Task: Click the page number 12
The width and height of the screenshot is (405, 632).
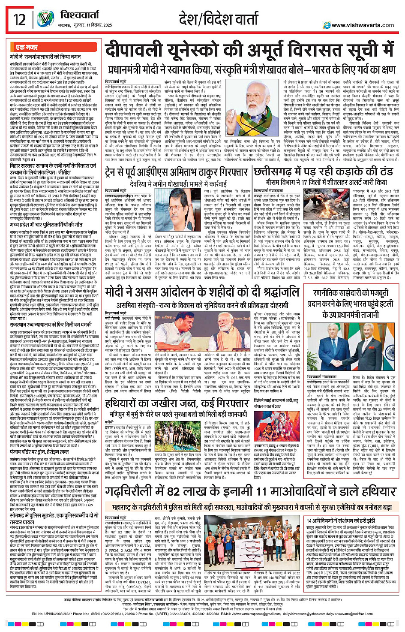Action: (20, 20)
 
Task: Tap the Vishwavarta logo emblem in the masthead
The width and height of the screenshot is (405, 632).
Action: (45, 20)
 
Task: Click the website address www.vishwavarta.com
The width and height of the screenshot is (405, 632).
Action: (363, 25)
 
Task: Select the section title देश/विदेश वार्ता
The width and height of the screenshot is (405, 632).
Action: (219, 19)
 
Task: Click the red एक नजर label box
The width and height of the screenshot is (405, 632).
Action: (27, 47)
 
